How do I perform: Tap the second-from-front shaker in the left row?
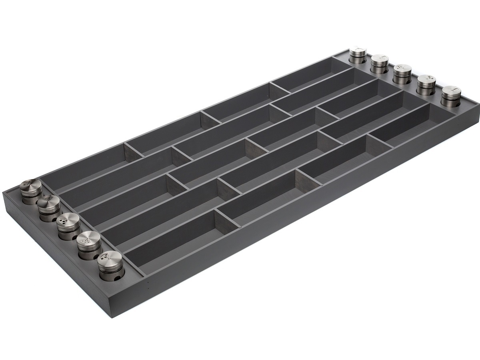coord(89,242)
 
